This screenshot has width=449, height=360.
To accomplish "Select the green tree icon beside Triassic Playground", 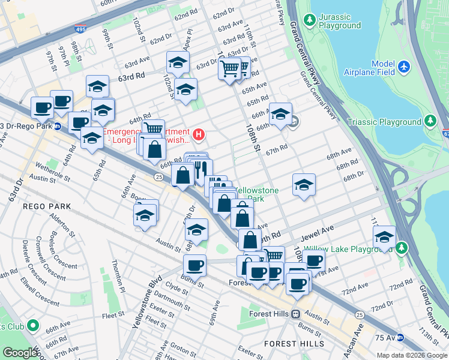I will click(x=430, y=122).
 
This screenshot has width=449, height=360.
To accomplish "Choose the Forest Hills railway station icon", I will click(x=295, y=314).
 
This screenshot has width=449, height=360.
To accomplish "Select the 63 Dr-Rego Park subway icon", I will click(x=58, y=126).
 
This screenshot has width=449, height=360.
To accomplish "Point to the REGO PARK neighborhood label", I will click(x=47, y=206).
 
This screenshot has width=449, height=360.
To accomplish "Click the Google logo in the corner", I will click(x=20, y=353).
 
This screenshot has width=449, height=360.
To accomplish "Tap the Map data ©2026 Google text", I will click(x=412, y=355).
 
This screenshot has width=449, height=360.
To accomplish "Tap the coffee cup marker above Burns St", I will click(x=194, y=265).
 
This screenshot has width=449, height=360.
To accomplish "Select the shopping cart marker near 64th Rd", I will click(x=153, y=128).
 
